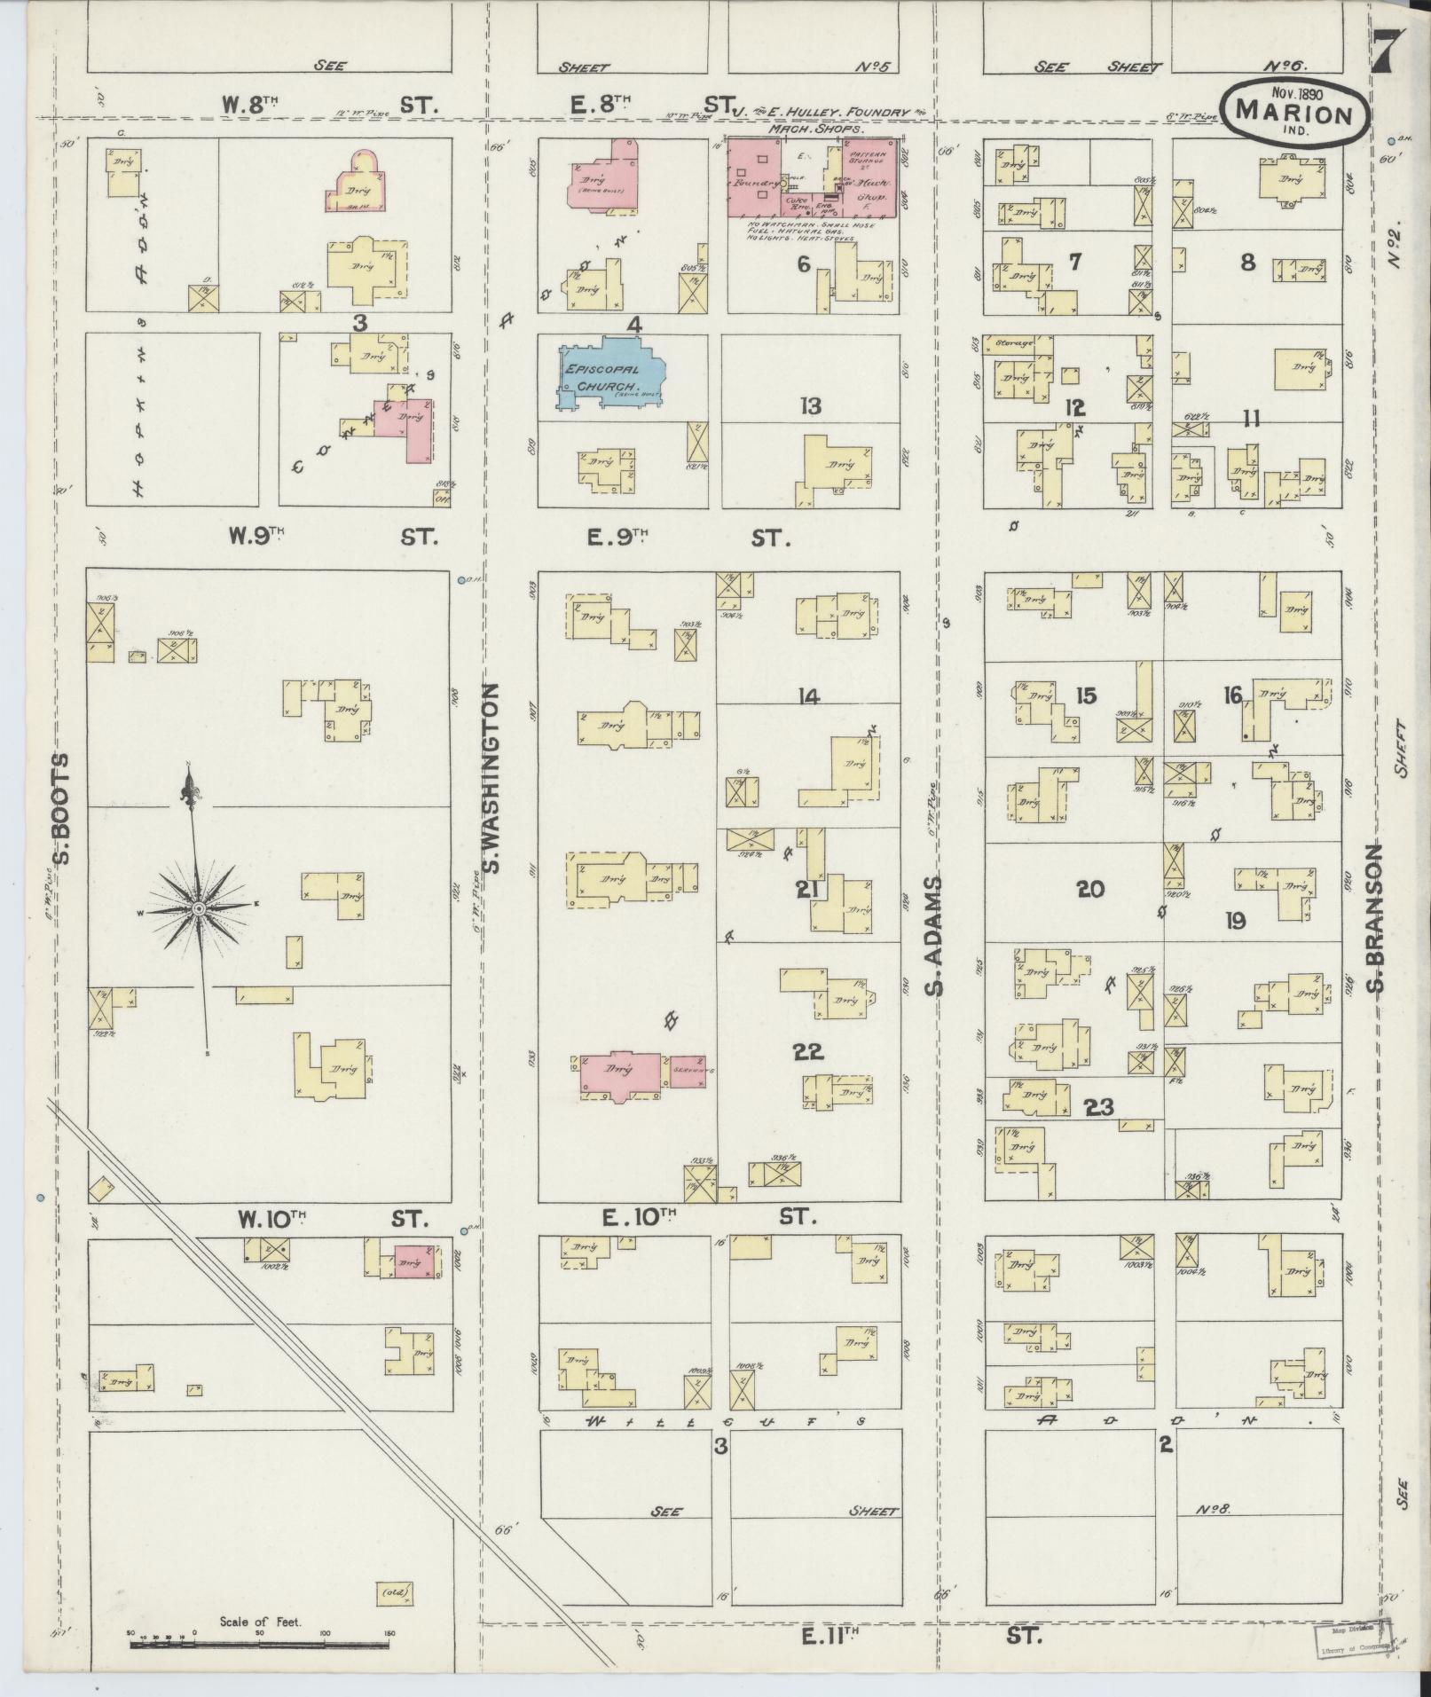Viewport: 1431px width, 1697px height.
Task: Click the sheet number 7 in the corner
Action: tap(1384, 53)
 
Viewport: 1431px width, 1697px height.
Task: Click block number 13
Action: tap(809, 407)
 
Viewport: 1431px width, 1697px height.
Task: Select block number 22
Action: tap(808, 1052)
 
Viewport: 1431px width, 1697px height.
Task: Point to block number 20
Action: tap(1089, 889)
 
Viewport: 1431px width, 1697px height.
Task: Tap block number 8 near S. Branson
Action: tap(1247, 263)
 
